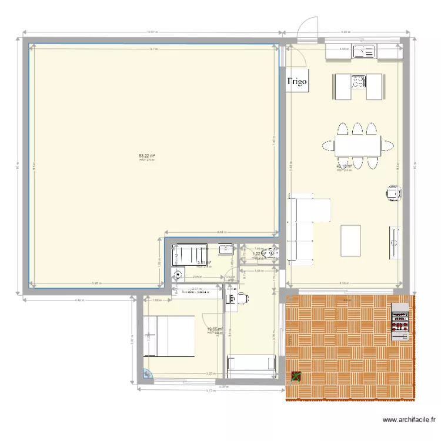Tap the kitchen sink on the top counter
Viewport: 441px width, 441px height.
click(363, 52)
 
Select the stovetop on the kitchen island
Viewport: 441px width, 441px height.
click(358, 81)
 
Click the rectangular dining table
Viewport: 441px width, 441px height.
click(358, 145)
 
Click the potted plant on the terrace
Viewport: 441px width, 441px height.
click(295, 376)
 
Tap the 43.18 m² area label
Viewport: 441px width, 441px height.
click(344, 167)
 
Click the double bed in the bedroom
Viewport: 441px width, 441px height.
click(169, 336)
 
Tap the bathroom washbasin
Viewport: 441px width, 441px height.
click(224, 250)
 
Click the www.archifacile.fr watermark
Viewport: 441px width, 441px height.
click(409, 420)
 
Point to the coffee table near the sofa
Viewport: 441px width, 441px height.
click(350, 240)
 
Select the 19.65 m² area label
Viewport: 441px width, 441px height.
click(215, 330)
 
